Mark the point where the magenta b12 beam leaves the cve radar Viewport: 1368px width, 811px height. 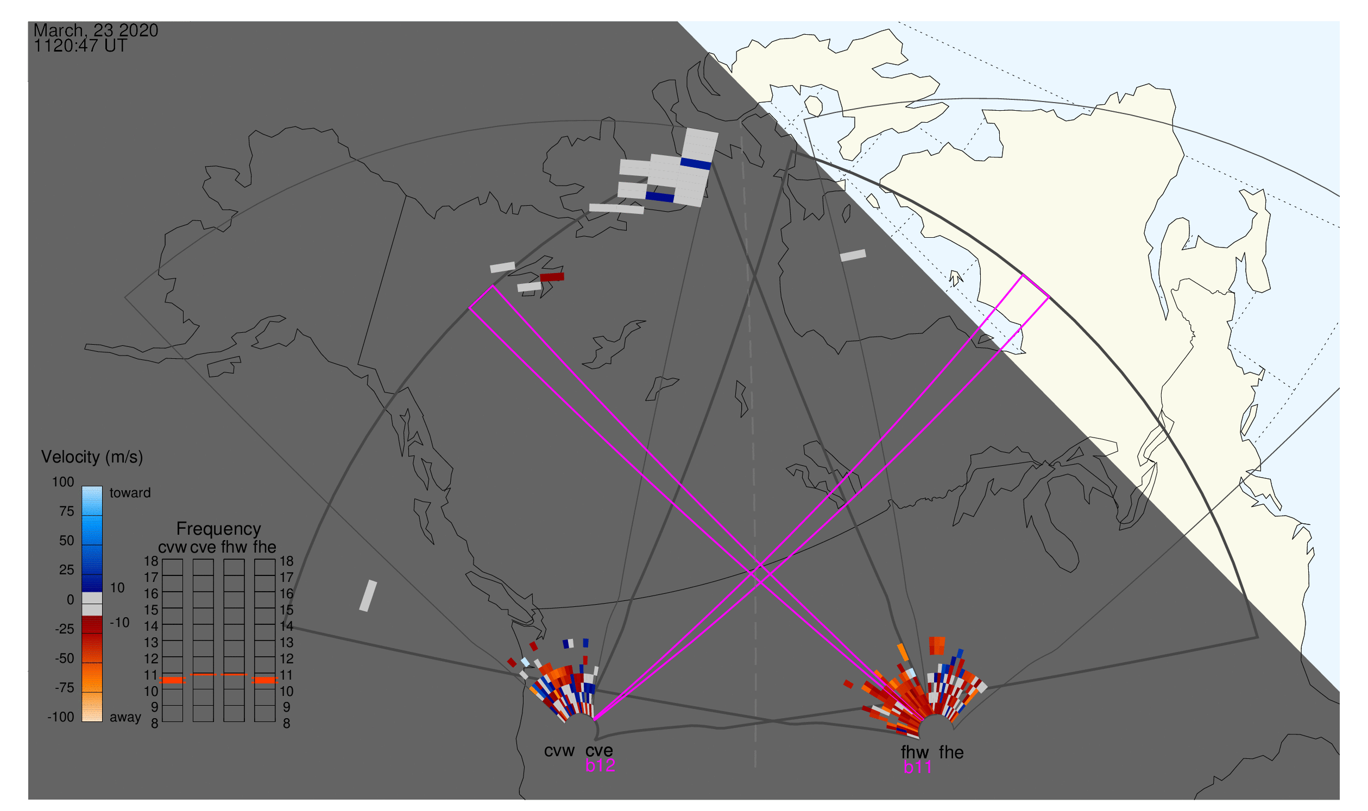pos(594,720)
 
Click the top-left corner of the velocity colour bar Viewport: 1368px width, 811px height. pos(82,486)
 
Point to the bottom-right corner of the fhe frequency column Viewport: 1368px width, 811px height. pos(275,722)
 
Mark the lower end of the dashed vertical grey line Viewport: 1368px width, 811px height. pos(755,766)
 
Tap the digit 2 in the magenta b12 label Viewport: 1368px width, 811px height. pos(610,765)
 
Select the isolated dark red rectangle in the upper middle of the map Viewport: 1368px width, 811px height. pos(552,277)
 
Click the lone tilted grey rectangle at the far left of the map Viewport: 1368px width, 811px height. pos(368,595)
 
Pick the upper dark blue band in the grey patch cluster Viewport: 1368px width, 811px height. pos(696,163)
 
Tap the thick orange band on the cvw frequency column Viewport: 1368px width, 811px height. pos(172,680)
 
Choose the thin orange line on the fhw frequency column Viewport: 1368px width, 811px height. pos(234,675)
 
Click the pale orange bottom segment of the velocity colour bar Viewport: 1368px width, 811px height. pos(92,707)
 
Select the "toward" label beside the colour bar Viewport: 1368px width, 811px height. pos(130,493)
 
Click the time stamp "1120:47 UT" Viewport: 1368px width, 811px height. pos(80,46)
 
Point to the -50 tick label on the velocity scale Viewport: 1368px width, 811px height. pos(65,658)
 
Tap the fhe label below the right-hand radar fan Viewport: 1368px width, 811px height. pos(951,752)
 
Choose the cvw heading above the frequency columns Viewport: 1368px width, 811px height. pos(172,548)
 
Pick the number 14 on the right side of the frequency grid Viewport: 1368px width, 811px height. pos(287,626)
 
